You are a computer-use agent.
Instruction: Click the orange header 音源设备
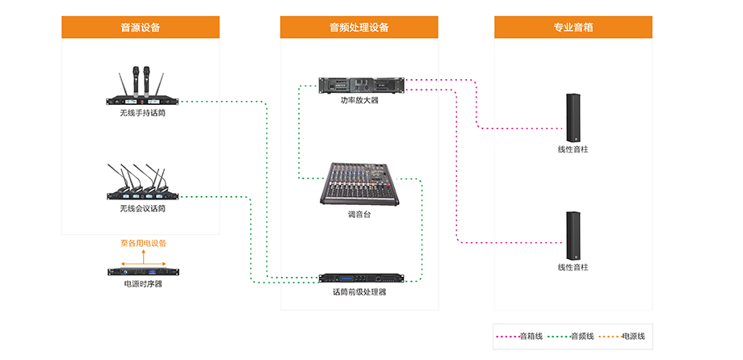point(141,27)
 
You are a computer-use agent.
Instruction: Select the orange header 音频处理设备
point(359,27)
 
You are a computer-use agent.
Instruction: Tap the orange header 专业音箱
point(573,27)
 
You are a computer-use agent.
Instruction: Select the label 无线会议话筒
point(143,208)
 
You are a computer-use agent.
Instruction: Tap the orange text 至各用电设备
point(143,243)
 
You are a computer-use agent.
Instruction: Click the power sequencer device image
point(143,272)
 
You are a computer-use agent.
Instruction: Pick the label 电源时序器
point(143,284)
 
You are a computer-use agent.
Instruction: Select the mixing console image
point(359,184)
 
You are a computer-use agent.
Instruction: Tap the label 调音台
point(359,216)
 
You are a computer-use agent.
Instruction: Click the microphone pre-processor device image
point(359,278)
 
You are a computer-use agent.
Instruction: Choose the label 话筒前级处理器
point(359,291)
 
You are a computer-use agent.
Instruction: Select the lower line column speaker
point(573,235)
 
